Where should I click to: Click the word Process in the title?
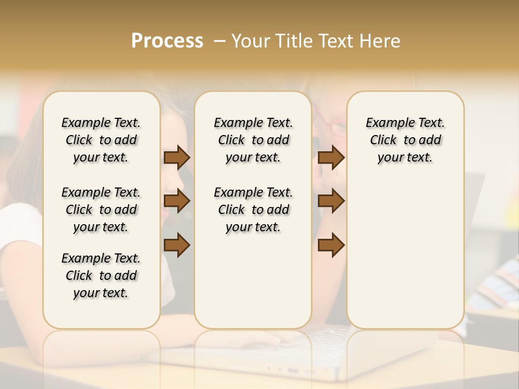(x=167, y=41)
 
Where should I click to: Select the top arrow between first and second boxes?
(x=177, y=158)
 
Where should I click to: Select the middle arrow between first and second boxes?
(x=177, y=201)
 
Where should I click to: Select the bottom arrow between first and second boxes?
(x=177, y=245)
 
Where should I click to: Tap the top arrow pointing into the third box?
(x=331, y=158)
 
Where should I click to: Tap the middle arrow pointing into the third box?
(x=331, y=201)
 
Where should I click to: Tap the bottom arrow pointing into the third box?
(x=331, y=245)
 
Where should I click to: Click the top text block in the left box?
(x=101, y=140)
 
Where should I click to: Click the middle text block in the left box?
(x=101, y=210)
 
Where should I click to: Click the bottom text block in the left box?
(x=101, y=276)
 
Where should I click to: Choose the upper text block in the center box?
(x=253, y=140)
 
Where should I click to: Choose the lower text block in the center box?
(x=253, y=210)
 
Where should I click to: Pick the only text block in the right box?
(x=405, y=140)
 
